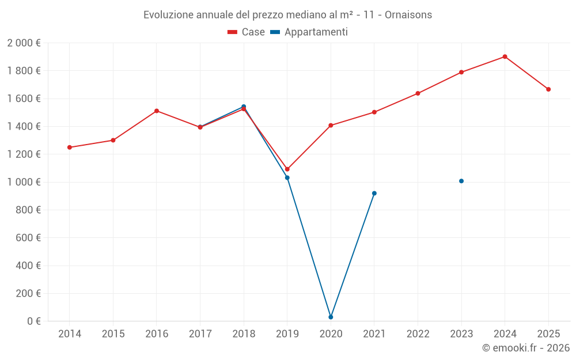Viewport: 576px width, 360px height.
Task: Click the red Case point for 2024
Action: coord(505,56)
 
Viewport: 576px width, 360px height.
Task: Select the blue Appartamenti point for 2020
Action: coord(331,317)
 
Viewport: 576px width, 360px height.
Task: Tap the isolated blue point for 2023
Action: coord(461,181)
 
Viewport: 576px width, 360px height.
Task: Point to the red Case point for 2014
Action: coord(70,147)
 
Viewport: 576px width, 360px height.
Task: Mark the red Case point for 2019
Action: coord(287,169)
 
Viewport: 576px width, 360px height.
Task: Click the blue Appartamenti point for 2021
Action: coord(374,193)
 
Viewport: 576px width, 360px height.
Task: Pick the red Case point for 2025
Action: coord(548,89)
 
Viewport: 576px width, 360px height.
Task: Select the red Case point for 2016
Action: coord(157,111)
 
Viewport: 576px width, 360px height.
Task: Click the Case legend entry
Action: coord(247,32)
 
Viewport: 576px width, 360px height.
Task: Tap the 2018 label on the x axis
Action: coord(244,334)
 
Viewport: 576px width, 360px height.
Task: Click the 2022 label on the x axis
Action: coord(418,334)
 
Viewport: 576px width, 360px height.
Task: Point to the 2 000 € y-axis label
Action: coord(24,43)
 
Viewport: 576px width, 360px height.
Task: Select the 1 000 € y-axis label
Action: coord(24,182)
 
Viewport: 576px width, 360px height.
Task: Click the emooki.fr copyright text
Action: coord(525,348)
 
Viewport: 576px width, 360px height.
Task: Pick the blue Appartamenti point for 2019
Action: coord(287,177)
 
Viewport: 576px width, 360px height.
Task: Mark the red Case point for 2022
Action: coord(418,93)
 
